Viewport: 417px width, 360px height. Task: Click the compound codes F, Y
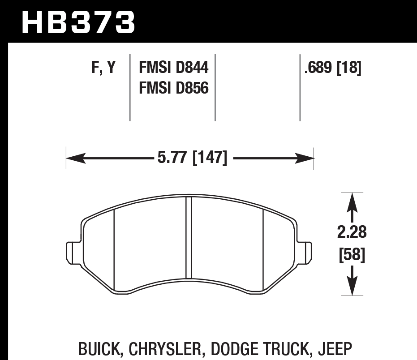pos(103,68)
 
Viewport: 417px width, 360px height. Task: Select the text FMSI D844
pos(174,68)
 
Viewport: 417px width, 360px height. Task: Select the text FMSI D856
pos(174,88)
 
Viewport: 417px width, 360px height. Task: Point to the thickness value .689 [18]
pos(332,68)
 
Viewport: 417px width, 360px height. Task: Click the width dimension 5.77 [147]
pos(192,158)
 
